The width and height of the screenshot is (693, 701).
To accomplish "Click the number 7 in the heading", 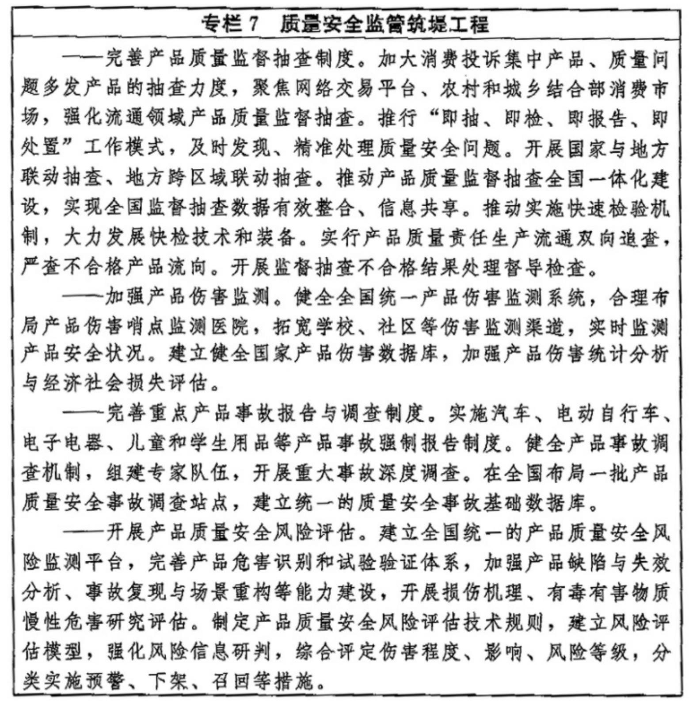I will pyautogui.click(x=252, y=24).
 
